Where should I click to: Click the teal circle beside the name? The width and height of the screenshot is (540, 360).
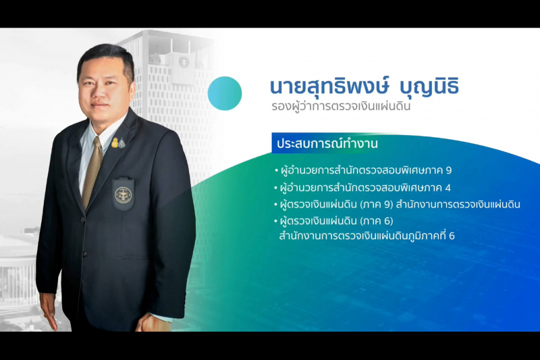[x=225, y=93]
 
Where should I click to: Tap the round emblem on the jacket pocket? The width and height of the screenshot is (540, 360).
[x=123, y=195]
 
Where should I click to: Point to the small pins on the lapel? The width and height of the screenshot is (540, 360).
[x=117, y=143]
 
